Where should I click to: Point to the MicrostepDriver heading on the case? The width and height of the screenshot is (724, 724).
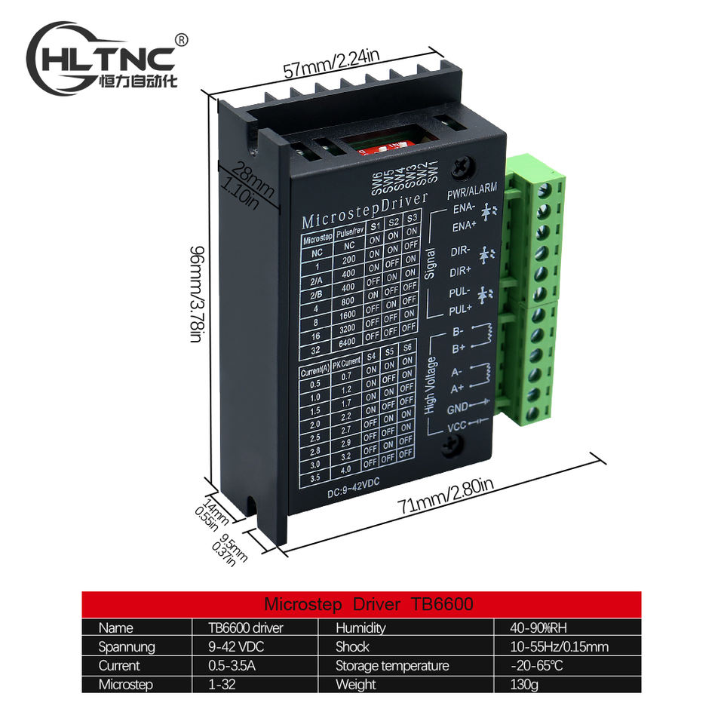coord(364,210)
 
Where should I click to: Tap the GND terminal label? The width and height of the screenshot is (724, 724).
coord(458,408)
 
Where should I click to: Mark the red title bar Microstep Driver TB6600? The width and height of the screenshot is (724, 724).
coord(361,604)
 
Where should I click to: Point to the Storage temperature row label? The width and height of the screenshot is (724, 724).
coord(391,666)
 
